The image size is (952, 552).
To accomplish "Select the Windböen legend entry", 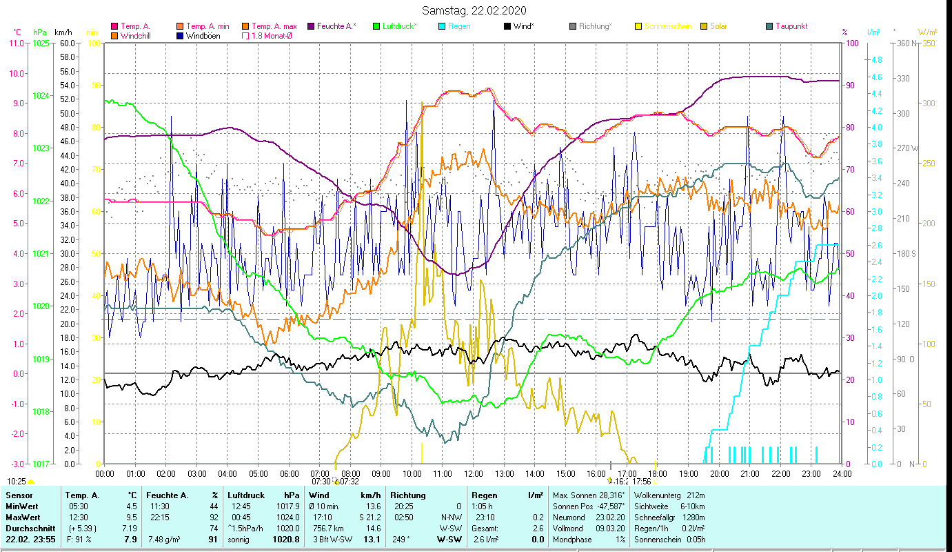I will point(203,36).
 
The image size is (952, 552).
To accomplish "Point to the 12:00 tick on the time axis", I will point(473,474).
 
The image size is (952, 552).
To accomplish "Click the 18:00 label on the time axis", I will point(657,474).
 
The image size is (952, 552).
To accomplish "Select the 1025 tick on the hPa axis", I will point(41,43).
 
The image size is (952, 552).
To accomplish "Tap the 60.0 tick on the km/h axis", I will point(67,43).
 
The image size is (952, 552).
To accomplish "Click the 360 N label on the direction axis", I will point(905,43).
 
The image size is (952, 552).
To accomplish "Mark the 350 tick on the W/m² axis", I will point(927,43).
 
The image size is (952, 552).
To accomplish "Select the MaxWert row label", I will point(23,517).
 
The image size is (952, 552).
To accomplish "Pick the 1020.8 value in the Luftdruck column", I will point(286,540).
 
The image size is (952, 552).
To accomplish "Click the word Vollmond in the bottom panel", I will point(569,528).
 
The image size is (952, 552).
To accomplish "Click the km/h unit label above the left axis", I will point(63,32).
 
